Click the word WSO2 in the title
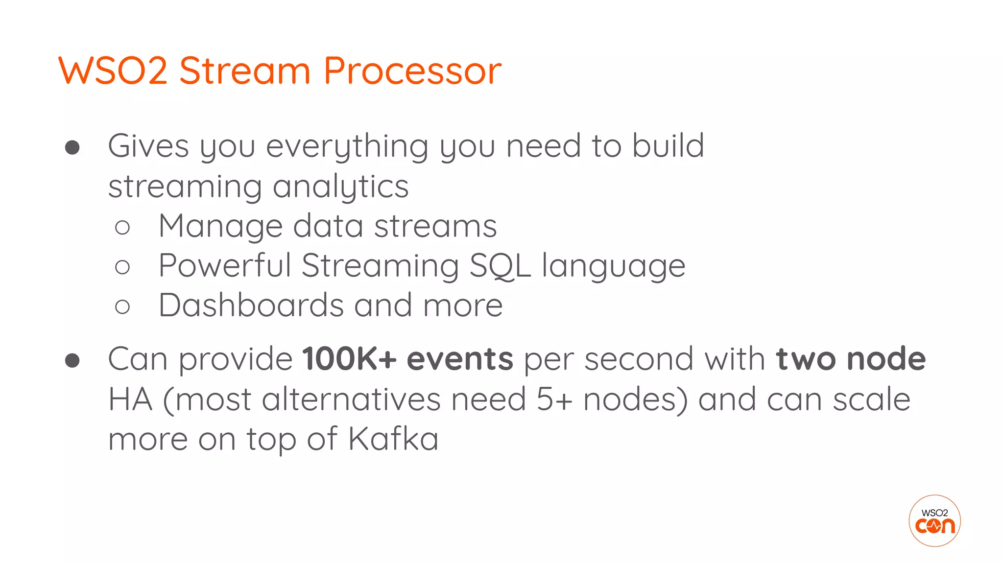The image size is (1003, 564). pos(113,71)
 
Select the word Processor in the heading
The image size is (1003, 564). pos(412,71)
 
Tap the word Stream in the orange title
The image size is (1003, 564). pos(245,71)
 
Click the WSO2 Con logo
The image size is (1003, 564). pos(934,520)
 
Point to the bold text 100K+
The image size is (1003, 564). pos(349,359)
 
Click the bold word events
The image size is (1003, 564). pos(460,359)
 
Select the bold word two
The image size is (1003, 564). pos(806,359)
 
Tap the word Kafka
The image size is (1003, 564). pos(393,439)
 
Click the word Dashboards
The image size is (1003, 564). pos(251,305)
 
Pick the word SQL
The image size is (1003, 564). pos(500,266)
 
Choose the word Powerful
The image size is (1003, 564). pos(225,266)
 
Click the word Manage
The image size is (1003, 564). pos(220,226)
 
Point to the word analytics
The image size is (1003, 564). pos(340,187)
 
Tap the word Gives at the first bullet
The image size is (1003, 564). pos(148,146)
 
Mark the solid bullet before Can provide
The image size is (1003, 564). pos(72,360)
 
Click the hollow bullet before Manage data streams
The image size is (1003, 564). pos(122,227)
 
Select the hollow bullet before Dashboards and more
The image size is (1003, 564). pos(122,307)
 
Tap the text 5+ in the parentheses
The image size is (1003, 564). pos(554,399)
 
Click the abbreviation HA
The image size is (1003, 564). pos(130,399)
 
